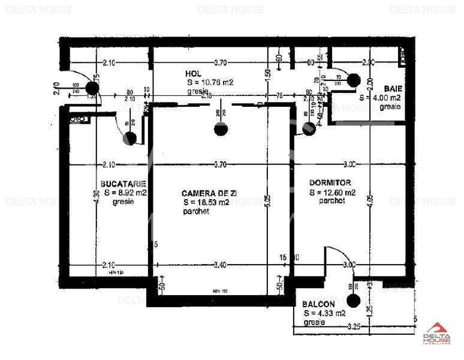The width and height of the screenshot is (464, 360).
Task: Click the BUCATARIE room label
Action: point(123,183)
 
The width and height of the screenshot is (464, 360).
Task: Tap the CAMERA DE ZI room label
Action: point(206,193)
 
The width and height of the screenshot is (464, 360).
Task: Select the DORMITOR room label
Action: point(330,182)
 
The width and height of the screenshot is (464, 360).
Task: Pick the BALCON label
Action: point(318,304)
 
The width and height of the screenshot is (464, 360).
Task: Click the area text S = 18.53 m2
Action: point(206,203)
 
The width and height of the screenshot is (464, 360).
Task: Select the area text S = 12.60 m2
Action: point(333,193)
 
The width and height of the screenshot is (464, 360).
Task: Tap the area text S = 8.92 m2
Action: point(125,193)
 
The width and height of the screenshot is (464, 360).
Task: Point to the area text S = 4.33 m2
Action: point(324,313)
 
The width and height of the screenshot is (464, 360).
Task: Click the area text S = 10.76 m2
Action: point(209,82)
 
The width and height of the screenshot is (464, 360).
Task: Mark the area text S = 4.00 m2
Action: point(380,97)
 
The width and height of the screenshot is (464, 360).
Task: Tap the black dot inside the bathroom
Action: point(353,80)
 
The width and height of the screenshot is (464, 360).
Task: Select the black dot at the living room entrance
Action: point(221,128)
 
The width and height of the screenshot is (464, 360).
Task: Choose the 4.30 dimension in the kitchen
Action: point(96,199)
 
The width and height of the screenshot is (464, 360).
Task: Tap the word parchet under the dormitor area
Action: point(332,202)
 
